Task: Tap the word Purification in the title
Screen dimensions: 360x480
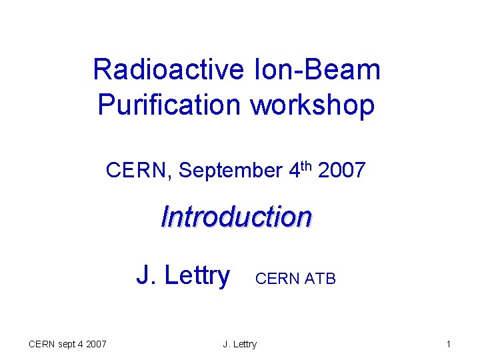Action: (x=170, y=105)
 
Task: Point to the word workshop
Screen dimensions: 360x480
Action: (x=313, y=105)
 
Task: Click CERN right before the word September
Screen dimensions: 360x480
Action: (x=139, y=171)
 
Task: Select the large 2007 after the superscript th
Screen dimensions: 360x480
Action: (x=341, y=171)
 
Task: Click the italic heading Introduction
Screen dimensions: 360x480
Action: (x=237, y=217)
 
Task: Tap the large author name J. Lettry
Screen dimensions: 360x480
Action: (x=183, y=275)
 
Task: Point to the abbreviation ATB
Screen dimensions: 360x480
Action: (x=320, y=279)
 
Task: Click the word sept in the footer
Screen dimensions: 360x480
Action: (x=69, y=344)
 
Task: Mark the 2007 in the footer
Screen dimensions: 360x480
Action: (x=96, y=344)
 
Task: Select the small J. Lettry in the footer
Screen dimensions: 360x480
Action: (x=240, y=344)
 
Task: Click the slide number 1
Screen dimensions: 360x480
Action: (x=449, y=344)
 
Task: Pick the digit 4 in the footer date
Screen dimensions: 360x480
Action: (x=82, y=344)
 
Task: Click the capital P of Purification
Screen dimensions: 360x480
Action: (x=105, y=105)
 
